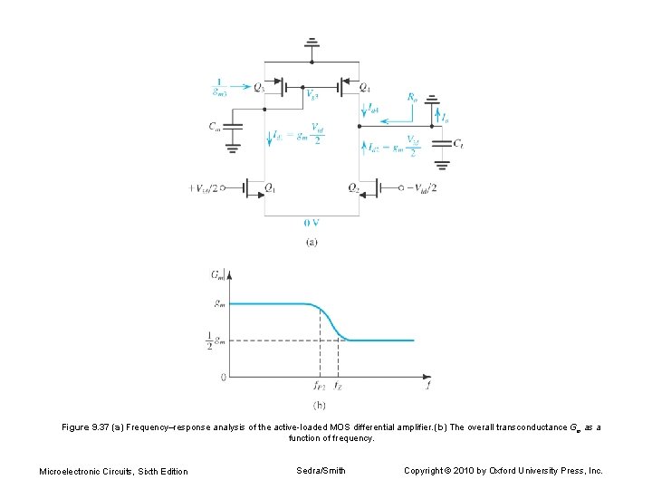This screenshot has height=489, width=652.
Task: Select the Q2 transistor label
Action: (353, 187)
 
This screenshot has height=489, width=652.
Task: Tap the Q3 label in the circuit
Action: (260, 87)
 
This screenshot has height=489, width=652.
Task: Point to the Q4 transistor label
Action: (364, 88)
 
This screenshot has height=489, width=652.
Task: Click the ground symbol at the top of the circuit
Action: (312, 43)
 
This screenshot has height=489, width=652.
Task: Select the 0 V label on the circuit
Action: (312, 224)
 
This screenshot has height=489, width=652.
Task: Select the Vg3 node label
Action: (312, 93)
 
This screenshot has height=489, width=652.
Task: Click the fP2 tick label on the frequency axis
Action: (319, 385)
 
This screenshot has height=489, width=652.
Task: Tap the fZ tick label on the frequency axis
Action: (338, 385)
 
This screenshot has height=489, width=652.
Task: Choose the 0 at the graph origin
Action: (224, 375)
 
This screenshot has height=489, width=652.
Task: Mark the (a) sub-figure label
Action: (312, 241)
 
